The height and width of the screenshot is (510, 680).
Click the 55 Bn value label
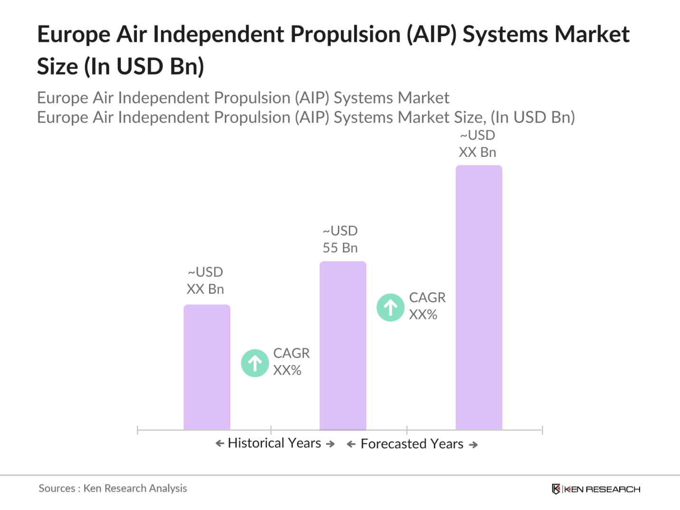pos(340,248)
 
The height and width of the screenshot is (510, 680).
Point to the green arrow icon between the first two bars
pos(255,363)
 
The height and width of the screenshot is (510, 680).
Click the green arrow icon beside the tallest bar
pos(391,308)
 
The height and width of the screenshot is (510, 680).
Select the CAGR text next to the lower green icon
pos(291,353)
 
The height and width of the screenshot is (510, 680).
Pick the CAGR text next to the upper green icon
pos(427,298)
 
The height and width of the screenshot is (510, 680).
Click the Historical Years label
pos(275,443)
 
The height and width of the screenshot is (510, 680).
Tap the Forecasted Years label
pos(412,444)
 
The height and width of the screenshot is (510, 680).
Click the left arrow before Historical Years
pos(220,443)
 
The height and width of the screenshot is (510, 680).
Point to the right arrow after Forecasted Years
pos(473,445)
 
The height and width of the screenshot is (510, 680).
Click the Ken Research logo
pos(596,489)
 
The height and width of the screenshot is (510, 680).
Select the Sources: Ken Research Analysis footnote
pos(113,488)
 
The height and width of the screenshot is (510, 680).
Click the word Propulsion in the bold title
pos(345,35)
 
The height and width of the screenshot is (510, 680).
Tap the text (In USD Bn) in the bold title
pos(144,67)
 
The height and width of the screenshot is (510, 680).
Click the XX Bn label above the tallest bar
pos(478,152)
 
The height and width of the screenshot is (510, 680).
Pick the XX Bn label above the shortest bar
pos(205,289)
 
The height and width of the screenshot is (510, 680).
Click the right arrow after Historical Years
pos(330,444)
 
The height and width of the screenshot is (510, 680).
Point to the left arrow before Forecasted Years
pos(351,444)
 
